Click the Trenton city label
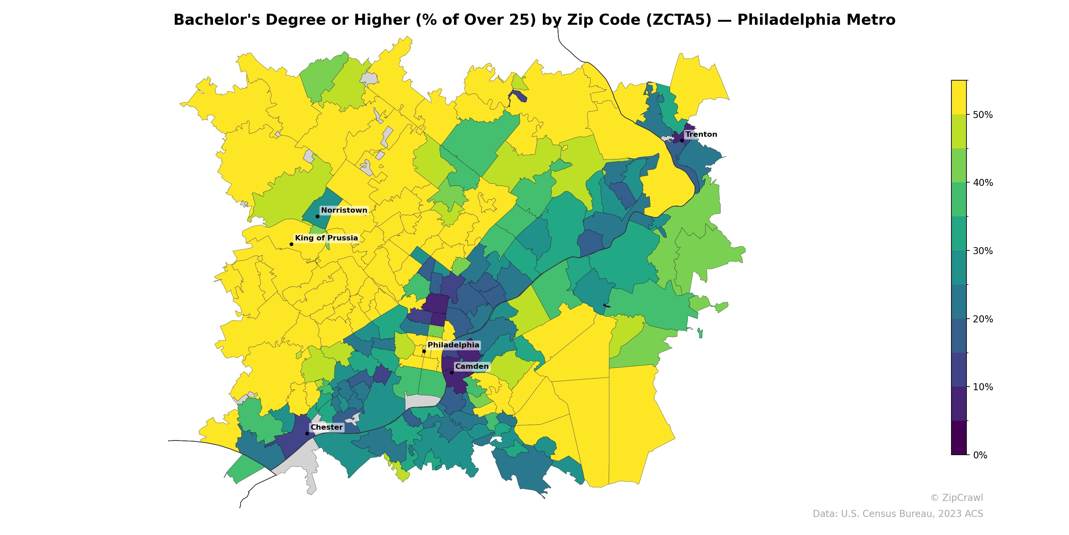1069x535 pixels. [x=701, y=134]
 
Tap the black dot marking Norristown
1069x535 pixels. [x=317, y=216]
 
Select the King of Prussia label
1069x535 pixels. [x=326, y=238]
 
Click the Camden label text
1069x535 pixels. [x=472, y=366]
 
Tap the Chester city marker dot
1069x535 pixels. [x=307, y=433]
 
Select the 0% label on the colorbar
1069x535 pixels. [x=980, y=455]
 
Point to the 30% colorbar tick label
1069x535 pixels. [x=982, y=251]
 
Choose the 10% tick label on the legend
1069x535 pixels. [x=982, y=387]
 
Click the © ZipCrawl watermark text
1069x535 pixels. [x=956, y=498]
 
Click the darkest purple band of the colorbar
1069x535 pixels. [x=959, y=438]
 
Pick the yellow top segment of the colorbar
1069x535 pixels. [x=959, y=97]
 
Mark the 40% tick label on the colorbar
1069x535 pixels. [x=982, y=183]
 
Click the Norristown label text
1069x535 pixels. [x=344, y=210]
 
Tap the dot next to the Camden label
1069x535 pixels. [x=452, y=372]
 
